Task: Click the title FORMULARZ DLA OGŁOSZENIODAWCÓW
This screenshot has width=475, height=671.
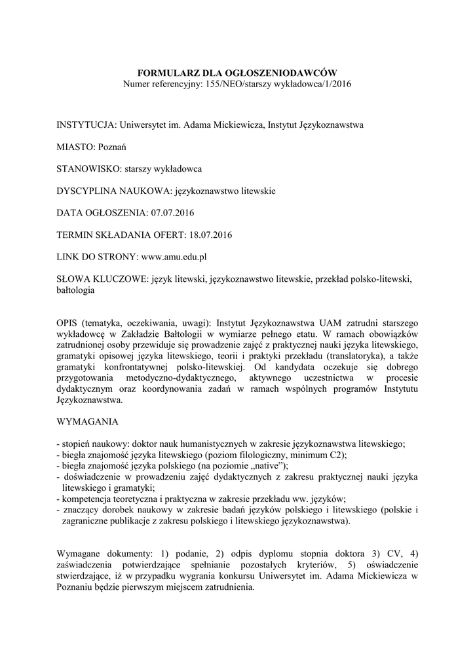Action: (x=237, y=73)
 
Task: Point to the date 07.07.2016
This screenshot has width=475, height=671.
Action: (x=173, y=212)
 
